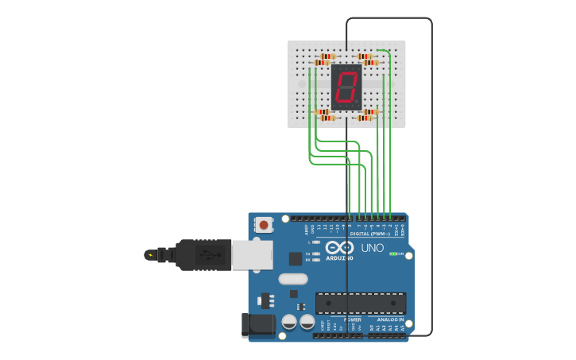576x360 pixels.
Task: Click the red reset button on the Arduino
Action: [x=264, y=226]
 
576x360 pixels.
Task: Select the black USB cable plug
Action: [x=203, y=255]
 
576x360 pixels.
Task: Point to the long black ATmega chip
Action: [x=360, y=303]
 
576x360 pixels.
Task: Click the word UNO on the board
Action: [x=373, y=248]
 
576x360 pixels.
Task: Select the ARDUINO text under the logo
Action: [x=339, y=257]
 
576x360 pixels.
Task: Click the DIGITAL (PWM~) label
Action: [x=369, y=234]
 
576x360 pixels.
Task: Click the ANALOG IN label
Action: [x=390, y=319]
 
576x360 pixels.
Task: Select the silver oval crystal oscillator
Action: [x=293, y=279]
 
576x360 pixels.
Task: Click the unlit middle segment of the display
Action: [x=346, y=87]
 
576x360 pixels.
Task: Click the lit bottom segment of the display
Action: [x=345, y=102]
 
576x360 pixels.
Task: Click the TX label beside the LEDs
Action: [x=307, y=254]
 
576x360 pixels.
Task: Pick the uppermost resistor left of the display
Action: [x=327, y=56]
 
